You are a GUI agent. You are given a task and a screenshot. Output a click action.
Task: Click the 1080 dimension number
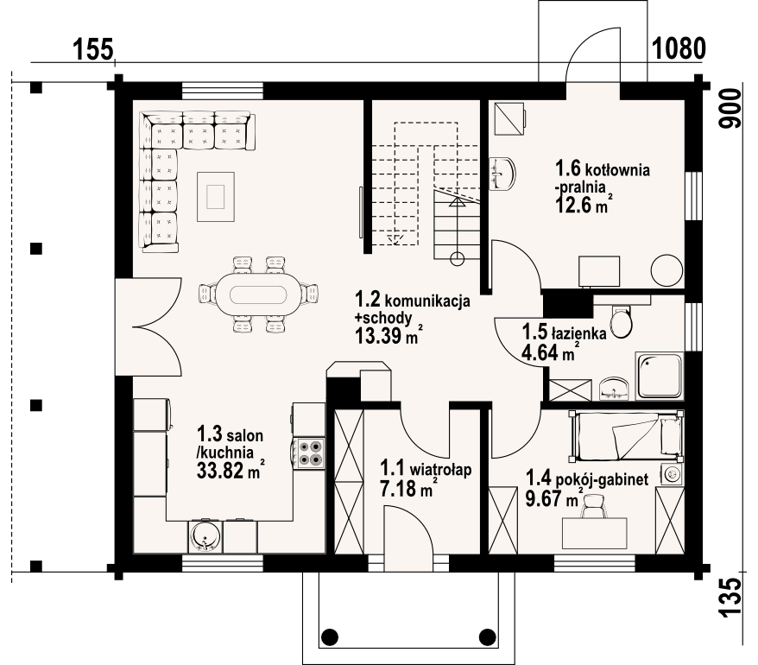pyautogui.click(x=679, y=48)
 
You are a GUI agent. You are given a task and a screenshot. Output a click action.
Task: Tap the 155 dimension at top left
pyautogui.click(x=93, y=49)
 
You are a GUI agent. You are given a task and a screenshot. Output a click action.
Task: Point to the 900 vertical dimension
pyautogui.click(x=730, y=109)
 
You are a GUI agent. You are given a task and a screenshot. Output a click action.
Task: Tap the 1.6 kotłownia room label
pyautogui.click(x=603, y=169)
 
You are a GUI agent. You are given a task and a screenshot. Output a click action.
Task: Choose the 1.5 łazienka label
pyautogui.click(x=564, y=332)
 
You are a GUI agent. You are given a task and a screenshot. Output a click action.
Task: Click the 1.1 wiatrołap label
pyautogui.click(x=426, y=469)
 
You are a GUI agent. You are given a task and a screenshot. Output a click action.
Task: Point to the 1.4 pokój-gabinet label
pyautogui.click(x=587, y=478)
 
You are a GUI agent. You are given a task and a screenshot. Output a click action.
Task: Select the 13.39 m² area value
pyautogui.click(x=386, y=336)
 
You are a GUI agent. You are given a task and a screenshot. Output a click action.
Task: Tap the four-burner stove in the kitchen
pyautogui.click(x=309, y=453)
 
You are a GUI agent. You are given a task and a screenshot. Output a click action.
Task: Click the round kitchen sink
pyautogui.click(x=205, y=535)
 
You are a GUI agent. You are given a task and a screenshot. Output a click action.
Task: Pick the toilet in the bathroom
pyautogui.click(x=621, y=321)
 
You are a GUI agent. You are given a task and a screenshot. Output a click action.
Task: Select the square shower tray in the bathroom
pyautogui.click(x=660, y=376)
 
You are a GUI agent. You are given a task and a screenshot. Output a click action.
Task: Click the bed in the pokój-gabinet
pyautogui.click(x=627, y=436)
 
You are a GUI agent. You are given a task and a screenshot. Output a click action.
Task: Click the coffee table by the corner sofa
pyautogui.click(x=216, y=196)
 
